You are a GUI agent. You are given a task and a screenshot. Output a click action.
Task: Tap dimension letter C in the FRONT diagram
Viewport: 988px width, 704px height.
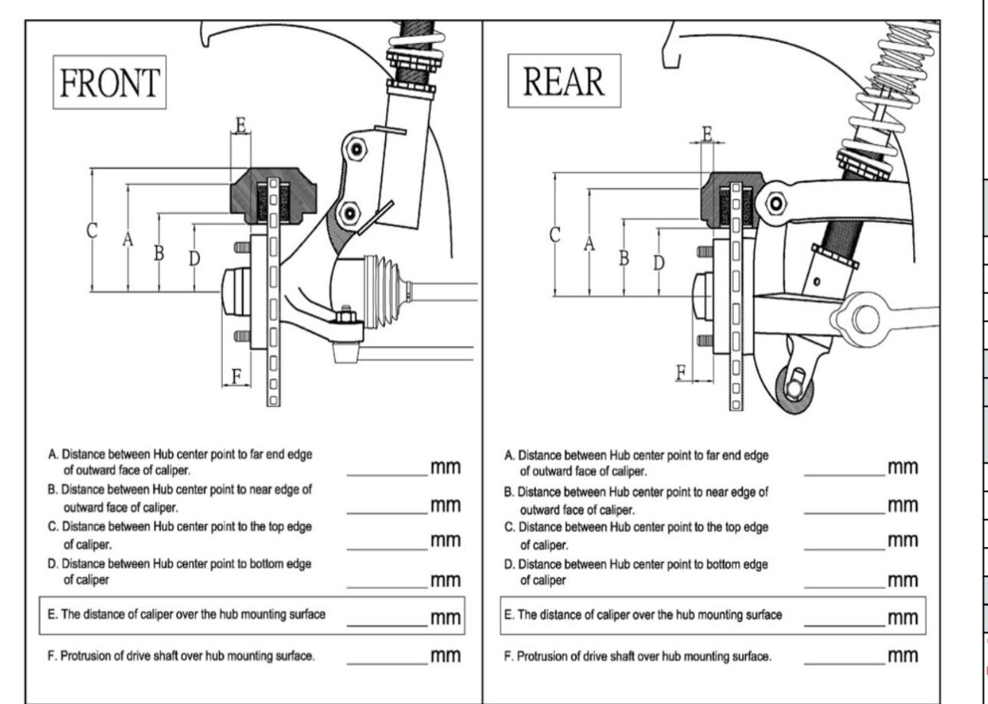91,230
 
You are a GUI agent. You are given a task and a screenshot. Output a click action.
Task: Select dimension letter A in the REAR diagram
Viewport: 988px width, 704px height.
589,243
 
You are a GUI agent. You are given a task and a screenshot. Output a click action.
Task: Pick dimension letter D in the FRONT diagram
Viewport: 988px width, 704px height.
195,259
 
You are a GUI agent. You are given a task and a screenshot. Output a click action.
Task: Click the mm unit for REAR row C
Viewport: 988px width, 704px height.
902,541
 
